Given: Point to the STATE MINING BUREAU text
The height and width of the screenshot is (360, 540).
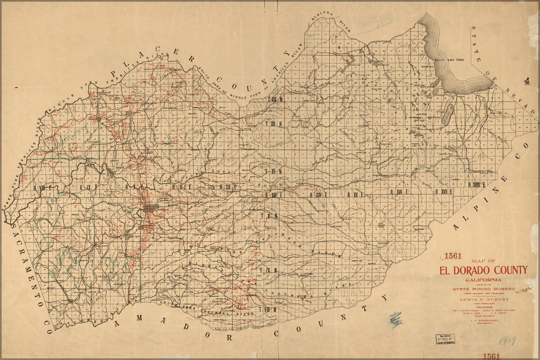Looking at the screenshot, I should point(484,289).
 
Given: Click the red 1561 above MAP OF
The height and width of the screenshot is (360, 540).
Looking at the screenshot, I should point(453,257).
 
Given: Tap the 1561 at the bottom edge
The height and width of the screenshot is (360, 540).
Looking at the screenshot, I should point(491,356).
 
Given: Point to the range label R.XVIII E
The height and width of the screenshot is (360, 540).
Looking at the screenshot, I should point(477,185).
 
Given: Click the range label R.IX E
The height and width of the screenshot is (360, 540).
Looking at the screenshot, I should point(88,187).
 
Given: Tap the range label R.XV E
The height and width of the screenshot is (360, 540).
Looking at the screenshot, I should point(356,195).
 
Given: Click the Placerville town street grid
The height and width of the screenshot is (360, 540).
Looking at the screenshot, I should point(151,208).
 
